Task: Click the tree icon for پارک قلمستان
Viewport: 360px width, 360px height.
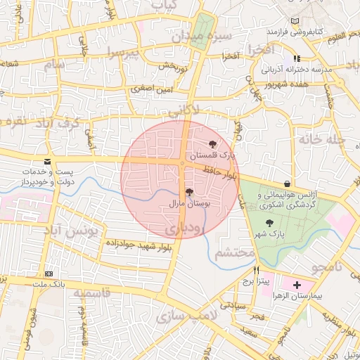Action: point(213,143)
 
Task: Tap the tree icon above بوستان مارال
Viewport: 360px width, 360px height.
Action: point(188,191)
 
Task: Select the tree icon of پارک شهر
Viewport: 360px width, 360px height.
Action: point(270,223)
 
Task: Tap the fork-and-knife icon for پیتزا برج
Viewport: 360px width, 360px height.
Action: point(257,270)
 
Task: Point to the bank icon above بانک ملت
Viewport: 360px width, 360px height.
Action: point(49,273)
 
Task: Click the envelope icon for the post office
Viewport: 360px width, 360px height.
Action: point(47,162)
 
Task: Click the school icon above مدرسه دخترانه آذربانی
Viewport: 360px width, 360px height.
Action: point(297,59)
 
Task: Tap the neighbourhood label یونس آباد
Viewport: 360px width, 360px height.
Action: point(79,230)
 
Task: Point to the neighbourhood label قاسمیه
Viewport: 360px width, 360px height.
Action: point(91,292)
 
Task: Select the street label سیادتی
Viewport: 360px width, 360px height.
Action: point(233,306)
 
